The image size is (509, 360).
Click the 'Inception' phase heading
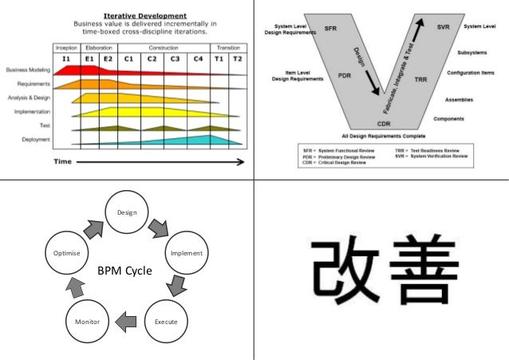[x=66, y=48]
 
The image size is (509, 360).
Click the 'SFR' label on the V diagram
[x=331, y=28]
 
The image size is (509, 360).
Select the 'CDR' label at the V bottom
[x=383, y=125]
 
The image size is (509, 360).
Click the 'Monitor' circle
[x=87, y=322]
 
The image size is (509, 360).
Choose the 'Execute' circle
[x=166, y=322]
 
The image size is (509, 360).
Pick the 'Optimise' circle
[x=66, y=254]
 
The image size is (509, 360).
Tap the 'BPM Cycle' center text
[x=124, y=270]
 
